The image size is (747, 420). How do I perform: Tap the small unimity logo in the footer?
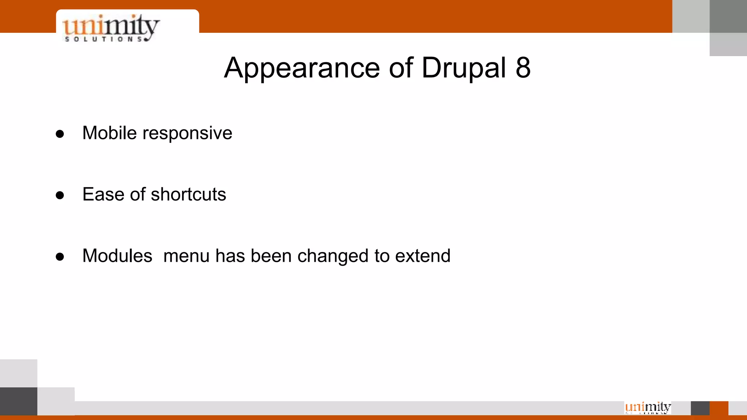(648, 407)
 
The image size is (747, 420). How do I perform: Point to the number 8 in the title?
(523, 68)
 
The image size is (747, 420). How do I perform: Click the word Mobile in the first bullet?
(109, 133)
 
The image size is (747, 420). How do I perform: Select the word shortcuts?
(188, 194)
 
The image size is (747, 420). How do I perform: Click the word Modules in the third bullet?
(117, 256)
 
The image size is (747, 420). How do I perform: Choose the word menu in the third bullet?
(186, 256)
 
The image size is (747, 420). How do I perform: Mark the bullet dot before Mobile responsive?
(60, 134)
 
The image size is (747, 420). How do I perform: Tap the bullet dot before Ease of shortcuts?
(60, 195)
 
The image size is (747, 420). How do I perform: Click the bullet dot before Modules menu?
(60, 257)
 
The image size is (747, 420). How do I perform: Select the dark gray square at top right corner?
(728, 16)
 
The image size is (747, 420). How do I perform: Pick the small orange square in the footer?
(719, 408)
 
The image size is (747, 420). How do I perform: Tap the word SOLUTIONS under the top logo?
(104, 39)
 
